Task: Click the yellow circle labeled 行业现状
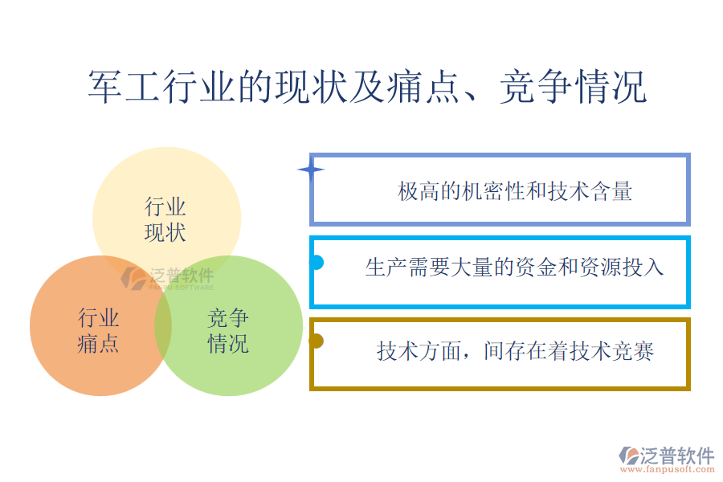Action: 166,194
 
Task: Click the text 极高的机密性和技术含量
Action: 515,191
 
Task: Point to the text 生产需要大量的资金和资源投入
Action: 514,267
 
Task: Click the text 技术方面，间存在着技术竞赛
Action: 515,351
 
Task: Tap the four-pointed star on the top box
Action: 311,170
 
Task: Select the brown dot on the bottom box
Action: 316,341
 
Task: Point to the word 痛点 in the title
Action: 423,86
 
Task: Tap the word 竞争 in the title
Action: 536,86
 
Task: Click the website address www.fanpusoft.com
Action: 668,469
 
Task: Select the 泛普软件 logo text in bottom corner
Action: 677,455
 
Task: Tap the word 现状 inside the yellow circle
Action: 165,232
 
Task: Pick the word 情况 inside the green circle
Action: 228,344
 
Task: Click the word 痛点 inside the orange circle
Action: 98,344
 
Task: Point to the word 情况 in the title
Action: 610,86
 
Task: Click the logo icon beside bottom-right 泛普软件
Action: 629,455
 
